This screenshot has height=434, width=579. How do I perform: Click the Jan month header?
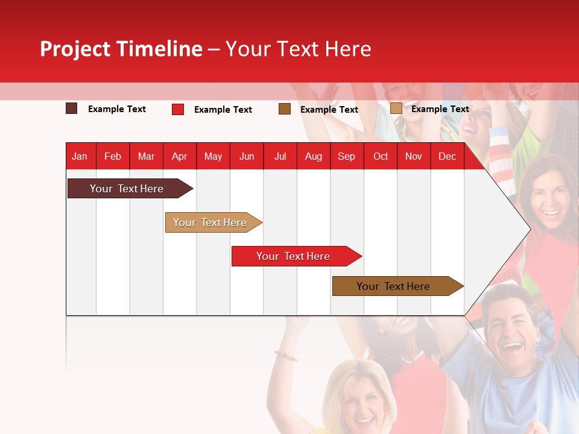(x=80, y=156)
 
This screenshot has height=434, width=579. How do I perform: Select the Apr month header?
(x=179, y=156)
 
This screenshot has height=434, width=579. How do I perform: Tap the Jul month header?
(x=280, y=156)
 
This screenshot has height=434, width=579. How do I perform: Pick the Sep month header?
(x=346, y=156)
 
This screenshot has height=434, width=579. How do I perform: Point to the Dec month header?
(x=447, y=156)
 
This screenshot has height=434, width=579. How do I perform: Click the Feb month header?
(x=113, y=156)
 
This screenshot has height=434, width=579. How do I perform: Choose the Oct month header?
(x=381, y=156)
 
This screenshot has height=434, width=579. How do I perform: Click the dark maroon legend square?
(x=72, y=108)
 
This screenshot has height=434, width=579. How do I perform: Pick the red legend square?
(x=178, y=109)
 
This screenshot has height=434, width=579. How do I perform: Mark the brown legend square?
(x=285, y=108)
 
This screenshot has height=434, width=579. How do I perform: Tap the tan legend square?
(x=396, y=108)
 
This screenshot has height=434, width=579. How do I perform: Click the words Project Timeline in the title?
(x=121, y=49)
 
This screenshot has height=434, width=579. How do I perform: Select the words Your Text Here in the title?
(x=299, y=49)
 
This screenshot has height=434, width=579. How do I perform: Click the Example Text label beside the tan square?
(x=440, y=109)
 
